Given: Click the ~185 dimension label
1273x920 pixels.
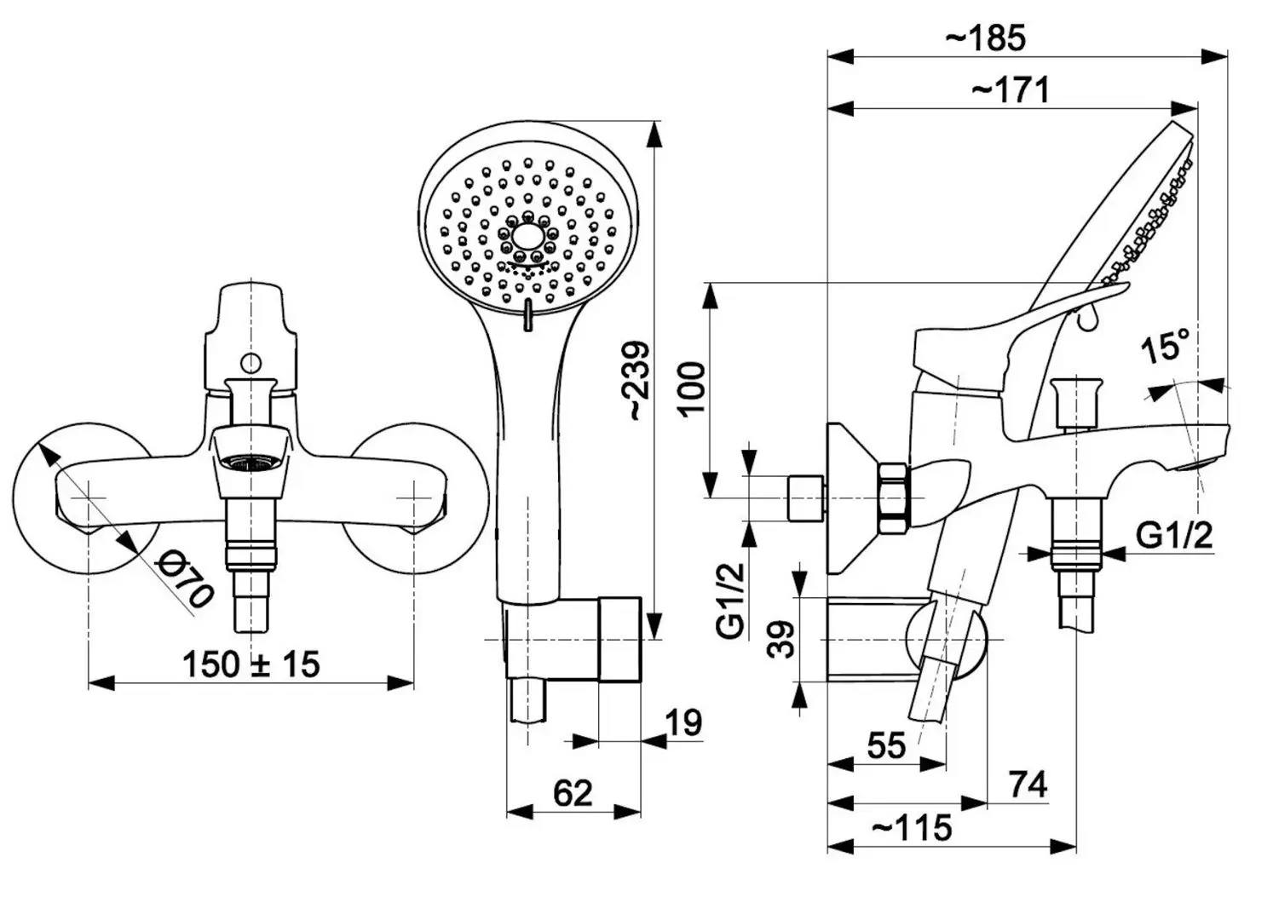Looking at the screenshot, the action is pos(986,38).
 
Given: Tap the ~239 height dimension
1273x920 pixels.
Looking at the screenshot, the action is pos(637,381).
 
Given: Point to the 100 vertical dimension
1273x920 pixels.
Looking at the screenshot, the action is pos(691,388).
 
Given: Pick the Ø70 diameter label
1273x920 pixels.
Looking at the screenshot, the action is pos(184,580).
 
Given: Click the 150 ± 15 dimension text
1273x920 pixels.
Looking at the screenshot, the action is pos(251,664).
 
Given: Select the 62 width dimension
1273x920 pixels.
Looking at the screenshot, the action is pos(573,793).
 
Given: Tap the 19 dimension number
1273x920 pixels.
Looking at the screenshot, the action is pos(683,723).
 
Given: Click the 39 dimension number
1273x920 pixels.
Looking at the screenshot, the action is pos(781,639).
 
